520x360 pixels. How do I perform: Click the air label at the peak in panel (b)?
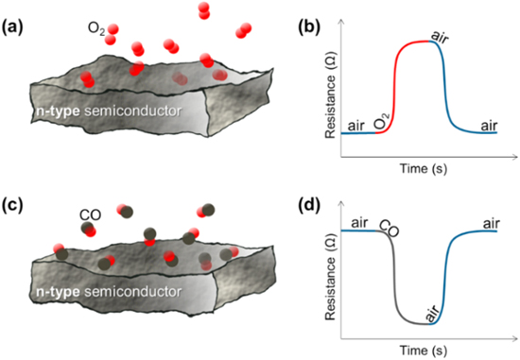pos(440,37)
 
